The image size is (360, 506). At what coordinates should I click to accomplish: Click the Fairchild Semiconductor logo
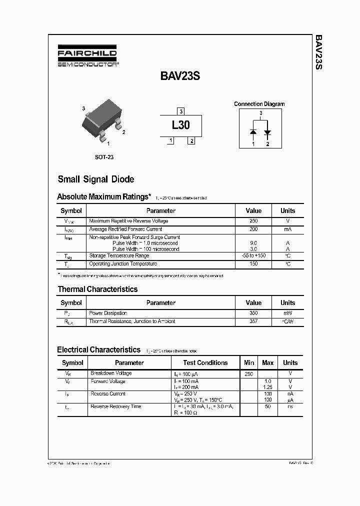click(87, 57)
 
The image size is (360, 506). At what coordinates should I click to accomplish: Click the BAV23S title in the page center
click(180, 76)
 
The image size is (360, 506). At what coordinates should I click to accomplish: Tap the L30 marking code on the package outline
click(180, 125)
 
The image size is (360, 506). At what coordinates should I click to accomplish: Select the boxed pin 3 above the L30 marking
click(181, 111)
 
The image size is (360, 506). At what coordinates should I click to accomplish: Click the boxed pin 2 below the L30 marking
click(191, 141)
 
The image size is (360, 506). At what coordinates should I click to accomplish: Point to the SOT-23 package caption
click(104, 157)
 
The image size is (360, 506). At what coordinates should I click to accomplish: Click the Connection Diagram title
click(259, 104)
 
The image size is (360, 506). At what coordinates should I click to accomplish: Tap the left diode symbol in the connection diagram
click(253, 132)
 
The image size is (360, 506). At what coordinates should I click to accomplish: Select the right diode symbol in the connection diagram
click(267, 132)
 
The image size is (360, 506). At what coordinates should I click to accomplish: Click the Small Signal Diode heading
click(96, 179)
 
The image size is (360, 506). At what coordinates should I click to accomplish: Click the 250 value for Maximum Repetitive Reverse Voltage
click(253, 221)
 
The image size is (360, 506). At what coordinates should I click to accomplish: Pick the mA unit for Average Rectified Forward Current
click(287, 229)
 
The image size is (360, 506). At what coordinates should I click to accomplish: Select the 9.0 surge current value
click(253, 243)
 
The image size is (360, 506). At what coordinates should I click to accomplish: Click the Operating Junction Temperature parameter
click(123, 263)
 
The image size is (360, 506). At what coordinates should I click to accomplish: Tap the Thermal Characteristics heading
click(97, 289)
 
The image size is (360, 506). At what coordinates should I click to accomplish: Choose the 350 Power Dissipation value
click(253, 313)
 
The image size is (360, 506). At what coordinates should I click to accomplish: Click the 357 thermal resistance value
click(253, 321)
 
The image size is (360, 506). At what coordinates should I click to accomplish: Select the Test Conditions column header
click(205, 362)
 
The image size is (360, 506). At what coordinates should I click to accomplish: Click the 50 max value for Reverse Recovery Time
click(267, 407)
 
